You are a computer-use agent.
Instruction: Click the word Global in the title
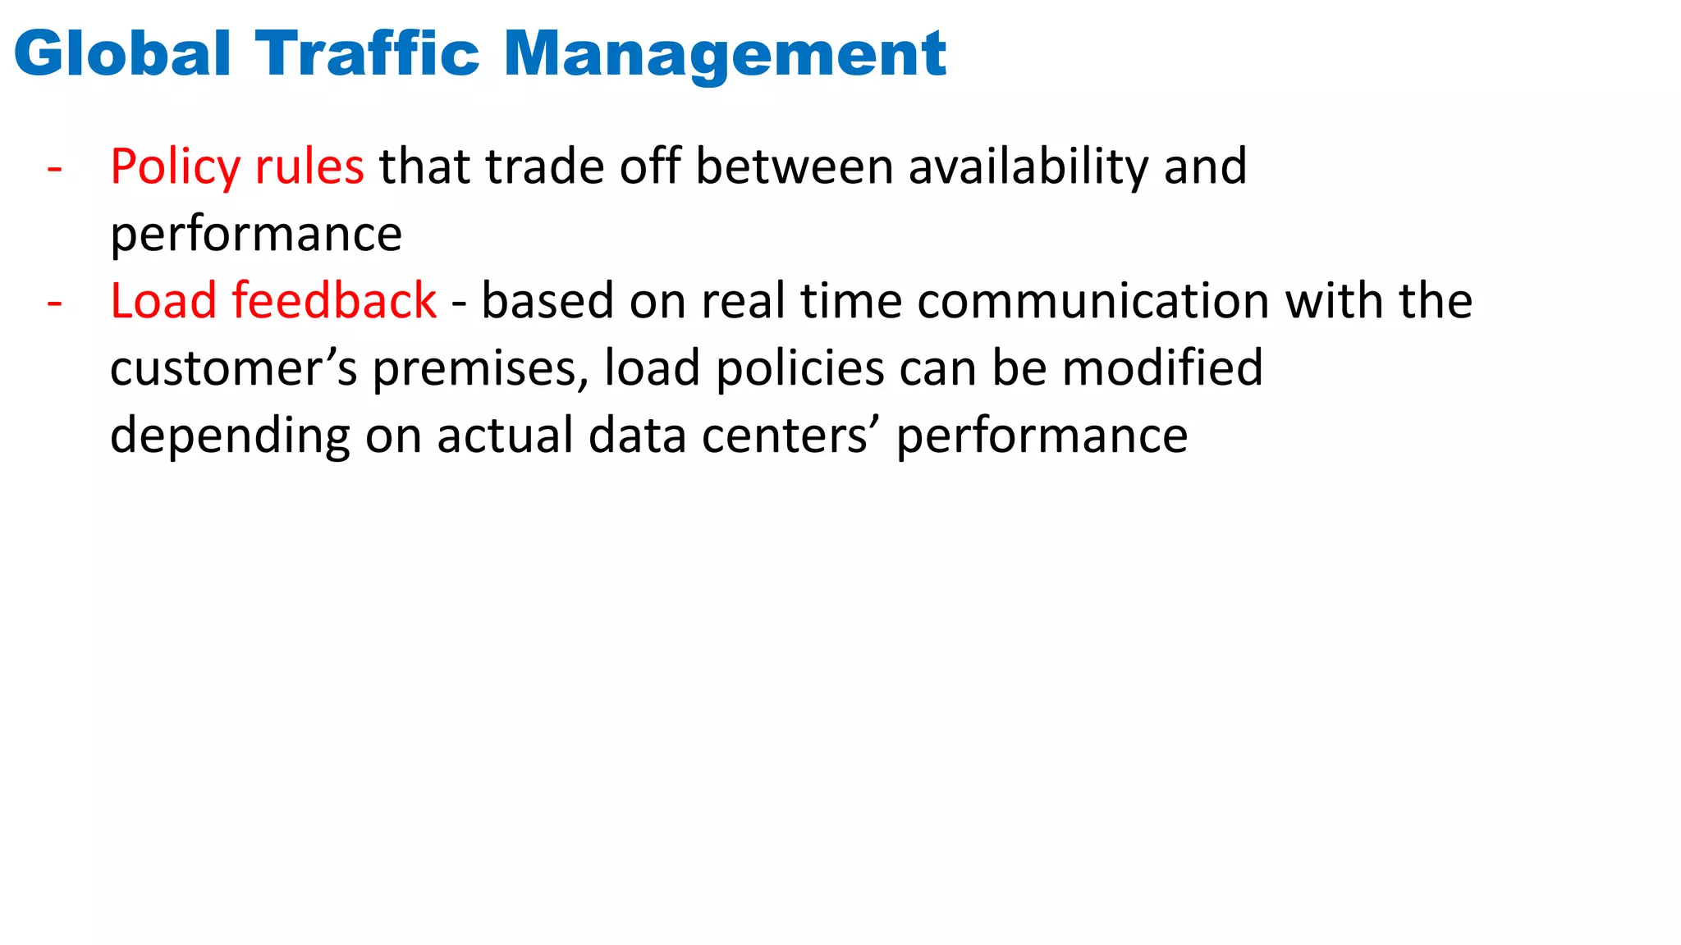tap(122, 54)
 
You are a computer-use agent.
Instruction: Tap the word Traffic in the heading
tap(367, 54)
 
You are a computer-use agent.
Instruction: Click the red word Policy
tap(175, 167)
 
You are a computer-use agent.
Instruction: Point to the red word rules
tap(309, 167)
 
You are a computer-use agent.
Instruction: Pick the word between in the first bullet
tap(795, 167)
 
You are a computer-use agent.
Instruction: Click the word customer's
tap(234, 368)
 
